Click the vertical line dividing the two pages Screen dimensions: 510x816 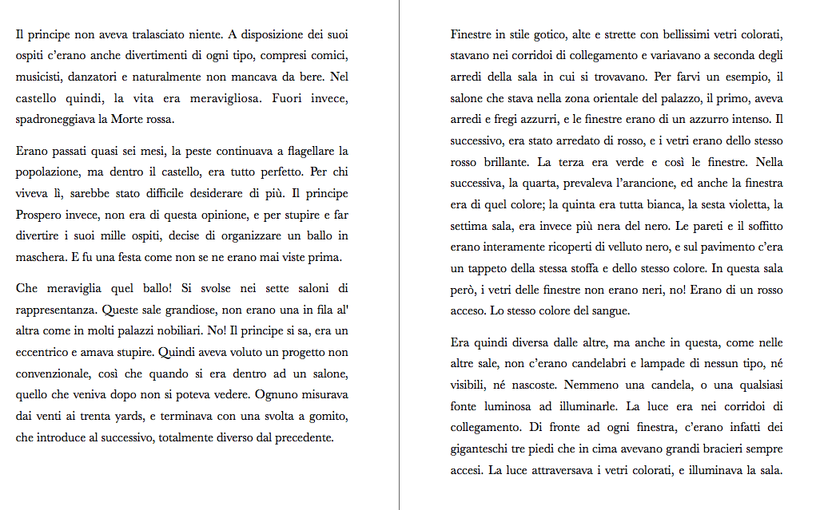point(399,255)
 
